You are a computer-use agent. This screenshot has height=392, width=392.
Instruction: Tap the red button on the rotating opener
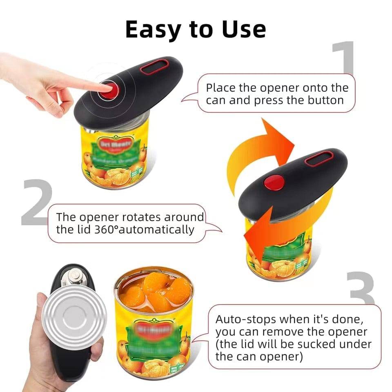point(274,183)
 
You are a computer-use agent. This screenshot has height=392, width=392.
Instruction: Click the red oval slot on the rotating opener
point(318,158)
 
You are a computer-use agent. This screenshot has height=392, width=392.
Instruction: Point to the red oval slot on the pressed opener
point(155,67)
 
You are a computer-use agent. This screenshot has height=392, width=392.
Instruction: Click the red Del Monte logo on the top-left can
point(115,144)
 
